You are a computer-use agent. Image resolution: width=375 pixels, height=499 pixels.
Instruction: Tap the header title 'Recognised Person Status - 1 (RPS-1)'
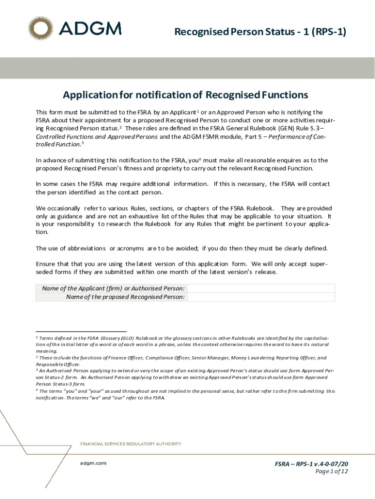(260, 32)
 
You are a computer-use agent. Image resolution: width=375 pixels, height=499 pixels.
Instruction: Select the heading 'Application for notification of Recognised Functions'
(185, 95)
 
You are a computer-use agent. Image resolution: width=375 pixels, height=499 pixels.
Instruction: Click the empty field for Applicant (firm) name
(261, 288)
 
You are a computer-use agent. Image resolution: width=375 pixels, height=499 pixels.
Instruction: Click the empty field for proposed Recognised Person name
(261, 297)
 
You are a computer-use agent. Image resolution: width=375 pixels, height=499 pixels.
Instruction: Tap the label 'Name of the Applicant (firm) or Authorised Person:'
(113, 288)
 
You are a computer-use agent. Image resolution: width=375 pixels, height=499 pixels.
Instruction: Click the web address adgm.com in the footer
(93, 463)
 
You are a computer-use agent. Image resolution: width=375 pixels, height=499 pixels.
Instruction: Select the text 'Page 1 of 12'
(332, 471)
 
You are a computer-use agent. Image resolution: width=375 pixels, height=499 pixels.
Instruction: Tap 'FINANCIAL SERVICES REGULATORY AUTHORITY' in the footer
(131, 444)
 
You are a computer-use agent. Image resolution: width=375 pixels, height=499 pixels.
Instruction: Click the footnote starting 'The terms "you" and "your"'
(185, 394)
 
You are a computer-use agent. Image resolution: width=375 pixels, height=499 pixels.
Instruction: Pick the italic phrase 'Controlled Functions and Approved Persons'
(96, 137)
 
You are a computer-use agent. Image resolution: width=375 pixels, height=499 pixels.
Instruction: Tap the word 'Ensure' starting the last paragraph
(45, 264)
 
